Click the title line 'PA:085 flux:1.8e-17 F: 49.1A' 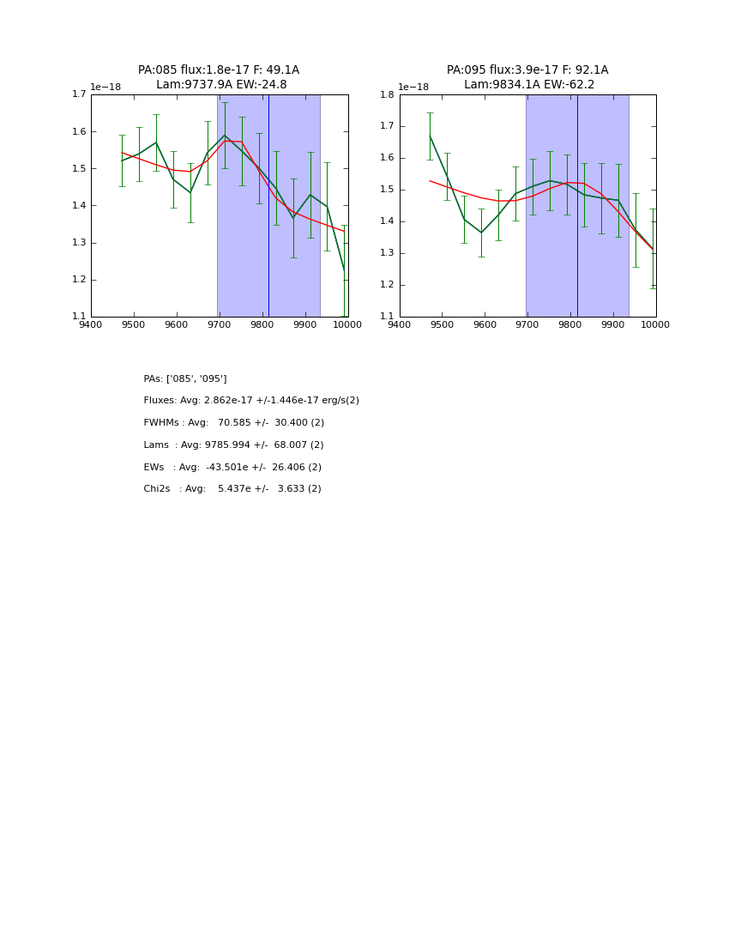click(x=219, y=70)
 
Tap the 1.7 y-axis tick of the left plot click(x=79, y=94)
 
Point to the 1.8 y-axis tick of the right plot click(x=388, y=94)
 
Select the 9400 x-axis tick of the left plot click(x=91, y=324)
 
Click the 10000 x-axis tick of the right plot click(x=655, y=324)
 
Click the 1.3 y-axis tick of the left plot click(x=79, y=243)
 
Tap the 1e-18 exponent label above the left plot click(x=105, y=88)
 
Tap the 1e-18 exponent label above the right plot click(x=413, y=88)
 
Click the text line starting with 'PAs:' click(x=185, y=378)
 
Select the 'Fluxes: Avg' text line click(x=251, y=401)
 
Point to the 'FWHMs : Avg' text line click(x=233, y=423)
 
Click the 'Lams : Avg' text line click(x=233, y=445)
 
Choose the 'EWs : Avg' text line click(x=232, y=468)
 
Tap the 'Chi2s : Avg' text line click(x=232, y=489)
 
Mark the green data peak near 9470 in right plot click(x=430, y=136)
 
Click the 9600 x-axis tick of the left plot click(x=176, y=324)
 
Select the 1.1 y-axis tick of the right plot click(x=388, y=317)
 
